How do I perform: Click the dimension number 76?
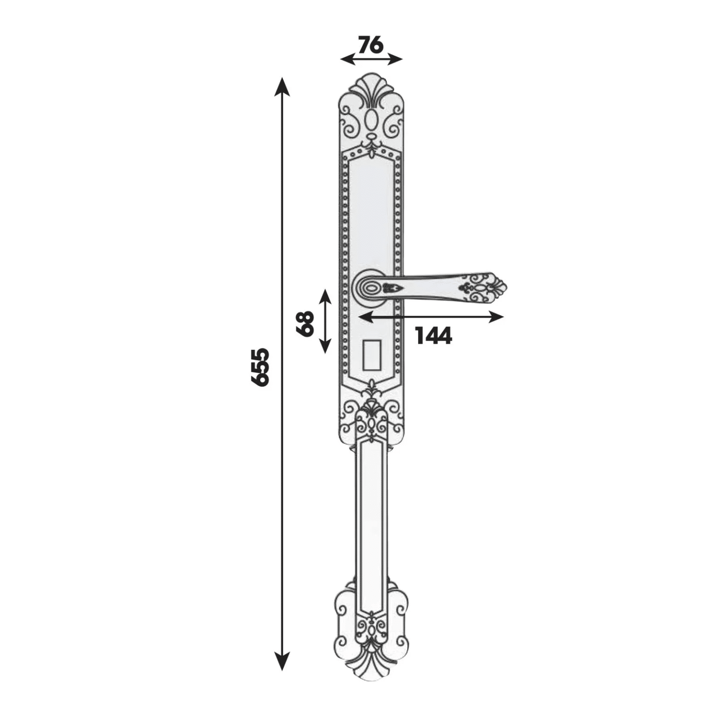371,45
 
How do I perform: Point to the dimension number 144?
433,336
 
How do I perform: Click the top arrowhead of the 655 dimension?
282,85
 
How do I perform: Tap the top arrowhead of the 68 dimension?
325,297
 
